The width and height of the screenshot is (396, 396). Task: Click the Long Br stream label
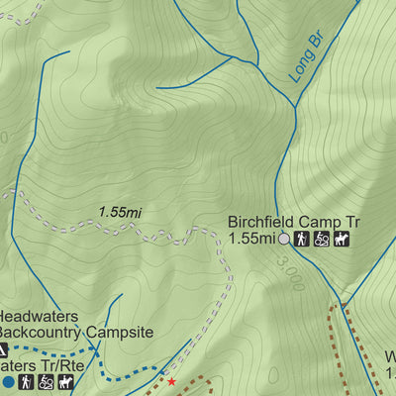(306, 60)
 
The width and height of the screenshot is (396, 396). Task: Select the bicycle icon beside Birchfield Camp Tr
(322, 239)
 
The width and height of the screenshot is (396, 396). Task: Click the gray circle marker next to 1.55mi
(285, 239)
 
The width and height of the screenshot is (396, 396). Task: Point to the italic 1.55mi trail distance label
(121, 212)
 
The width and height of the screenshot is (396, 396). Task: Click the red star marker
(171, 381)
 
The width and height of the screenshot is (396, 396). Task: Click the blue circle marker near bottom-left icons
(9, 381)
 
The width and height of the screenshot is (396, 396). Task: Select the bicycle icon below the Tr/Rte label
(46, 381)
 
